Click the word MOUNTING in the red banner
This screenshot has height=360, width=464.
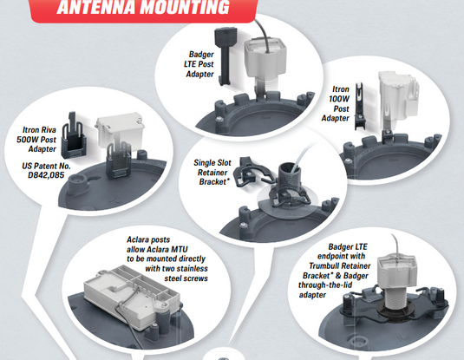pos(185,7)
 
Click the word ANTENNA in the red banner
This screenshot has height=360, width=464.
pos(96,7)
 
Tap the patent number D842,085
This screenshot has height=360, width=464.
pos(46,175)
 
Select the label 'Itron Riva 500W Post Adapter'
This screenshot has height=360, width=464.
pos(36,139)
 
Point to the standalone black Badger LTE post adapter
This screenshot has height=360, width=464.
pos(225,56)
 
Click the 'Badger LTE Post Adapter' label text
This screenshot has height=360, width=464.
pos(199,64)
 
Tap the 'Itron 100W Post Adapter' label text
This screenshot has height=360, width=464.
pos(336,103)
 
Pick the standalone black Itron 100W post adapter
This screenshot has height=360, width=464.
pos(360,106)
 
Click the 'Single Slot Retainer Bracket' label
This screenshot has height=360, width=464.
pos(212,173)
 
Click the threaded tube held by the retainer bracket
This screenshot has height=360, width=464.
pos(289,179)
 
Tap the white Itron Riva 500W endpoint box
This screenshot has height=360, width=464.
pos(120,130)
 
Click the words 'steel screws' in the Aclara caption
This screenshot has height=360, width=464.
pos(186,278)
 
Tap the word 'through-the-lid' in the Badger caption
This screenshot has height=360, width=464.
pos(325,285)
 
